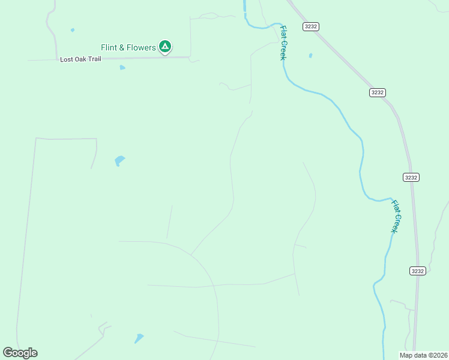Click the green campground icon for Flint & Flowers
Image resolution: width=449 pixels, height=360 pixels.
tap(165, 47)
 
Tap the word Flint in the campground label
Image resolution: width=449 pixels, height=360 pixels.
tap(109, 47)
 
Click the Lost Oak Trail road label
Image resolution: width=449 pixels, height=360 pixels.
tap(80, 59)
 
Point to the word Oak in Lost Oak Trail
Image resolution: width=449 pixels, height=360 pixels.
tap(82, 59)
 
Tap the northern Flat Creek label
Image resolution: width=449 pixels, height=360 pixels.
tap(283, 43)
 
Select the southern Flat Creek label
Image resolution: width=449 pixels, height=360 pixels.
tap(395, 216)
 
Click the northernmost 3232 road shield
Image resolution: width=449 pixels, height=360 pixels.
tap(311, 26)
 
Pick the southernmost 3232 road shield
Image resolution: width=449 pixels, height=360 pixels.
tap(418, 271)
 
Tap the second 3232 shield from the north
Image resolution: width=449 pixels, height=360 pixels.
tap(377, 92)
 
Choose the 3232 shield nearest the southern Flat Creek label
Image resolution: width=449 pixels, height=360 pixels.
tap(411, 177)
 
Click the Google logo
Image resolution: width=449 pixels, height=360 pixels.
tap(20, 353)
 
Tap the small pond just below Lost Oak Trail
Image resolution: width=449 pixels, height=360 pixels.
tap(122, 68)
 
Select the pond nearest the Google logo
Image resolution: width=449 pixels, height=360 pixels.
tap(139, 338)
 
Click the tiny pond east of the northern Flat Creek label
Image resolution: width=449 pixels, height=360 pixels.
tap(310, 56)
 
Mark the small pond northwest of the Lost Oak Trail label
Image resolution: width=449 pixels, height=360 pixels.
tap(73, 30)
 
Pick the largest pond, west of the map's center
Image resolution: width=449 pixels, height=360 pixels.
tap(119, 160)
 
